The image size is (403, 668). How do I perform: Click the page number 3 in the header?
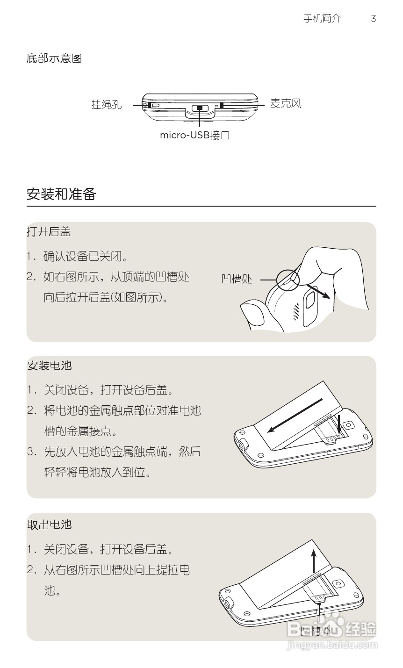tap(373, 19)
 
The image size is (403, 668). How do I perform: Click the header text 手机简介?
tap(322, 19)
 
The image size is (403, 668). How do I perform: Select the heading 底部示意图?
tap(54, 58)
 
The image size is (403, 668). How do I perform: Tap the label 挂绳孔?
tap(106, 105)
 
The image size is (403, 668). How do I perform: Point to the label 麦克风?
tap(286, 103)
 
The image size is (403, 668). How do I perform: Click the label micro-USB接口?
tap(194, 136)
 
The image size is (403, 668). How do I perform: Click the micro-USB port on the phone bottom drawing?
tap(200, 108)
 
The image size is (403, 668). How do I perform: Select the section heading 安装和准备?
tap(61, 194)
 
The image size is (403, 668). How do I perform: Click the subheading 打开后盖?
tap(49, 231)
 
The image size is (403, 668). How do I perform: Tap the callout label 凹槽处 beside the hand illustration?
tap(237, 279)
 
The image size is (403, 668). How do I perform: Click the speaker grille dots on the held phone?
tap(296, 312)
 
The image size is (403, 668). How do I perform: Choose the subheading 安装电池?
tap(50, 366)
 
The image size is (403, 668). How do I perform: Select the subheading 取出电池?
tap(50, 524)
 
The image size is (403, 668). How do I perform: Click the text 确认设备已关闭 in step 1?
tap(86, 256)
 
